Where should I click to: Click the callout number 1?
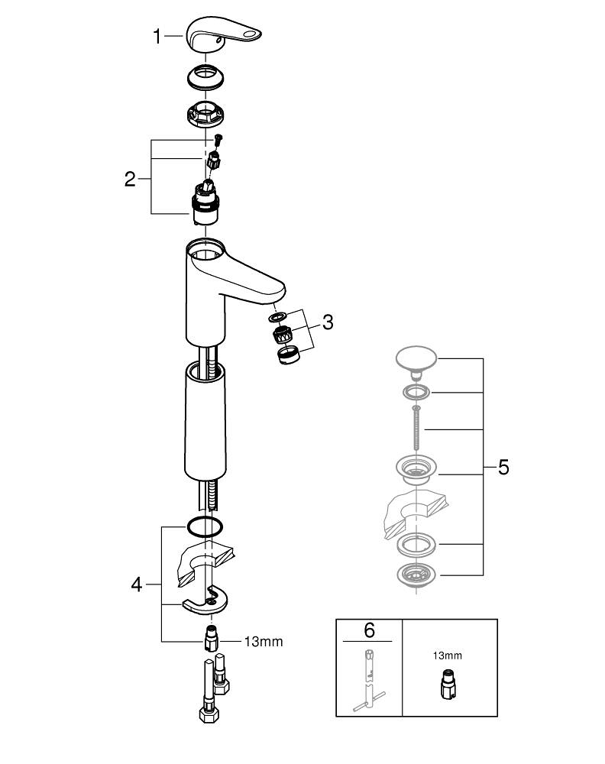[x=157, y=36]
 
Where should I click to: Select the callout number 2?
[x=130, y=180]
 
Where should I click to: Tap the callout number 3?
[x=327, y=322]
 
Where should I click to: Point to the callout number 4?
[x=136, y=585]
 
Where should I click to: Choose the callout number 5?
[x=503, y=467]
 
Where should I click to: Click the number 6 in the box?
[x=369, y=630]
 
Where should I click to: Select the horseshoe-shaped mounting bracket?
[x=207, y=601]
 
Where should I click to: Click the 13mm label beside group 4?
[x=263, y=642]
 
